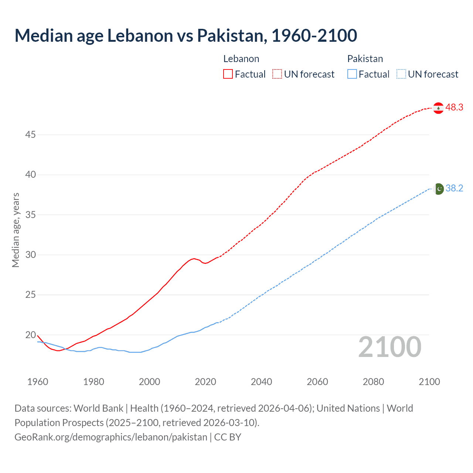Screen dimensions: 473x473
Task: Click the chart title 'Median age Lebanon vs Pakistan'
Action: [x=186, y=35]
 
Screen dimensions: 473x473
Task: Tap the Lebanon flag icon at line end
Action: [x=438, y=108]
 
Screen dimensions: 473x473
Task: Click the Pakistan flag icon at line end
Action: [x=438, y=188]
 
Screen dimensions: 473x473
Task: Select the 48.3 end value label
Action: [x=454, y=108]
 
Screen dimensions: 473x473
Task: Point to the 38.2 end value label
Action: [x=454, y=188]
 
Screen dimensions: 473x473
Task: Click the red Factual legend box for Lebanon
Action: [x=228, y=74]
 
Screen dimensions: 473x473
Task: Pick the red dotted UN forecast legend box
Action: [x=277, y=74]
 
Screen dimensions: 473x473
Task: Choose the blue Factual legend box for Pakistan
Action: [x=352, y=74]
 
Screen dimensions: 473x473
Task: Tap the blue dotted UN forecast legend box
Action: [x=401, y=74]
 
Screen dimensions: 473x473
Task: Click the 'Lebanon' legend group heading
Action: [x=241, y=59]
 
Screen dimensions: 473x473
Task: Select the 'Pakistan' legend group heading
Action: [x=365, y=59]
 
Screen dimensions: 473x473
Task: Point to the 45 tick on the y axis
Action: [x=30, y=135]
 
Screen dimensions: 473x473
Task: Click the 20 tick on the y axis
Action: [x=30, y=335]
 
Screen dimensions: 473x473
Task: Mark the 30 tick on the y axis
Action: [x=30, y=255]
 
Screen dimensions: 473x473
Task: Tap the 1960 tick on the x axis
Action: [x=38, y=382]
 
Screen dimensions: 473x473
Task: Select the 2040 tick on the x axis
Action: [x=261, y=382]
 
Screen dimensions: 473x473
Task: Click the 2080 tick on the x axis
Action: [x=373, y=382]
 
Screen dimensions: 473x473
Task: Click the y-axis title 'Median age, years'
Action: [x=16, y=230]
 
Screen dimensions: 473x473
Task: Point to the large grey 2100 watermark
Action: [x=390, y=347]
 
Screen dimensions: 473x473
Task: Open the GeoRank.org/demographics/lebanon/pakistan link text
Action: [x=111, y=437]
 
